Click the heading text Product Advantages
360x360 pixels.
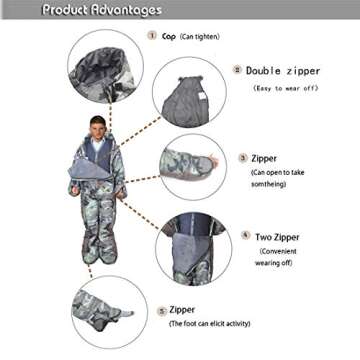tap(101, 10)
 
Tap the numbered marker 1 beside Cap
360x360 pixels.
tap(152, 35)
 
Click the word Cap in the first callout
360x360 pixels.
tap(169, 35)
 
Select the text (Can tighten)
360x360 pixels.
tap(200, 36)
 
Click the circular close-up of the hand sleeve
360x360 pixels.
tap(192, 166)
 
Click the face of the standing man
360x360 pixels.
tap(97, 127)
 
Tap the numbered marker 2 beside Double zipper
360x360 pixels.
tap(237, 70)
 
